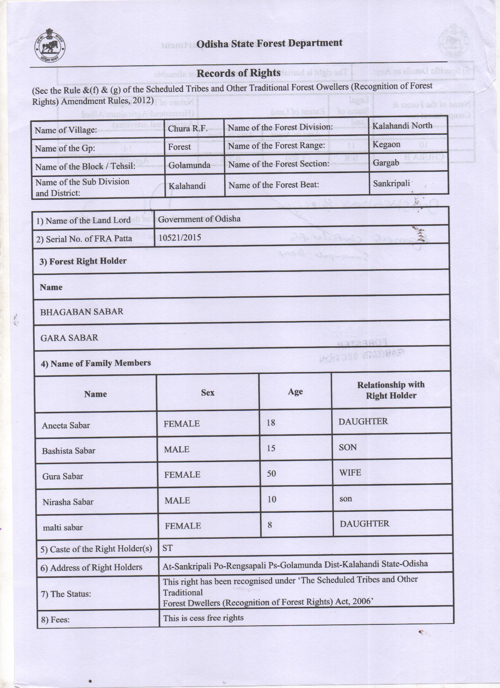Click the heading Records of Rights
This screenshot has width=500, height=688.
click(x=238, y=73)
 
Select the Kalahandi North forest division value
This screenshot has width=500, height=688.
click(x=402, y=126)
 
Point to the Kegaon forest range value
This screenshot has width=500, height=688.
click(x=386, y=144)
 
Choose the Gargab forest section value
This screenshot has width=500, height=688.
click(x=386, y=163)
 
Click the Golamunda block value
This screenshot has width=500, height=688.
click(x=189, y=165)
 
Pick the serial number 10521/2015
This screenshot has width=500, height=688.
click(x=180, y=238)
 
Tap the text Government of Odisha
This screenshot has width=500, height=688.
click(x=199, y=219)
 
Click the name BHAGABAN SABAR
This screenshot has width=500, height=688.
click(x=82, y=312)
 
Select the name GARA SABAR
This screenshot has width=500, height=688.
click(x=69, y=338)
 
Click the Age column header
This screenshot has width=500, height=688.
click(x=295, y=392)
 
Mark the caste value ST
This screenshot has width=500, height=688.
click(x=167, y=548)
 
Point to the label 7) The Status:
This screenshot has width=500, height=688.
click(x=66, y=594)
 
